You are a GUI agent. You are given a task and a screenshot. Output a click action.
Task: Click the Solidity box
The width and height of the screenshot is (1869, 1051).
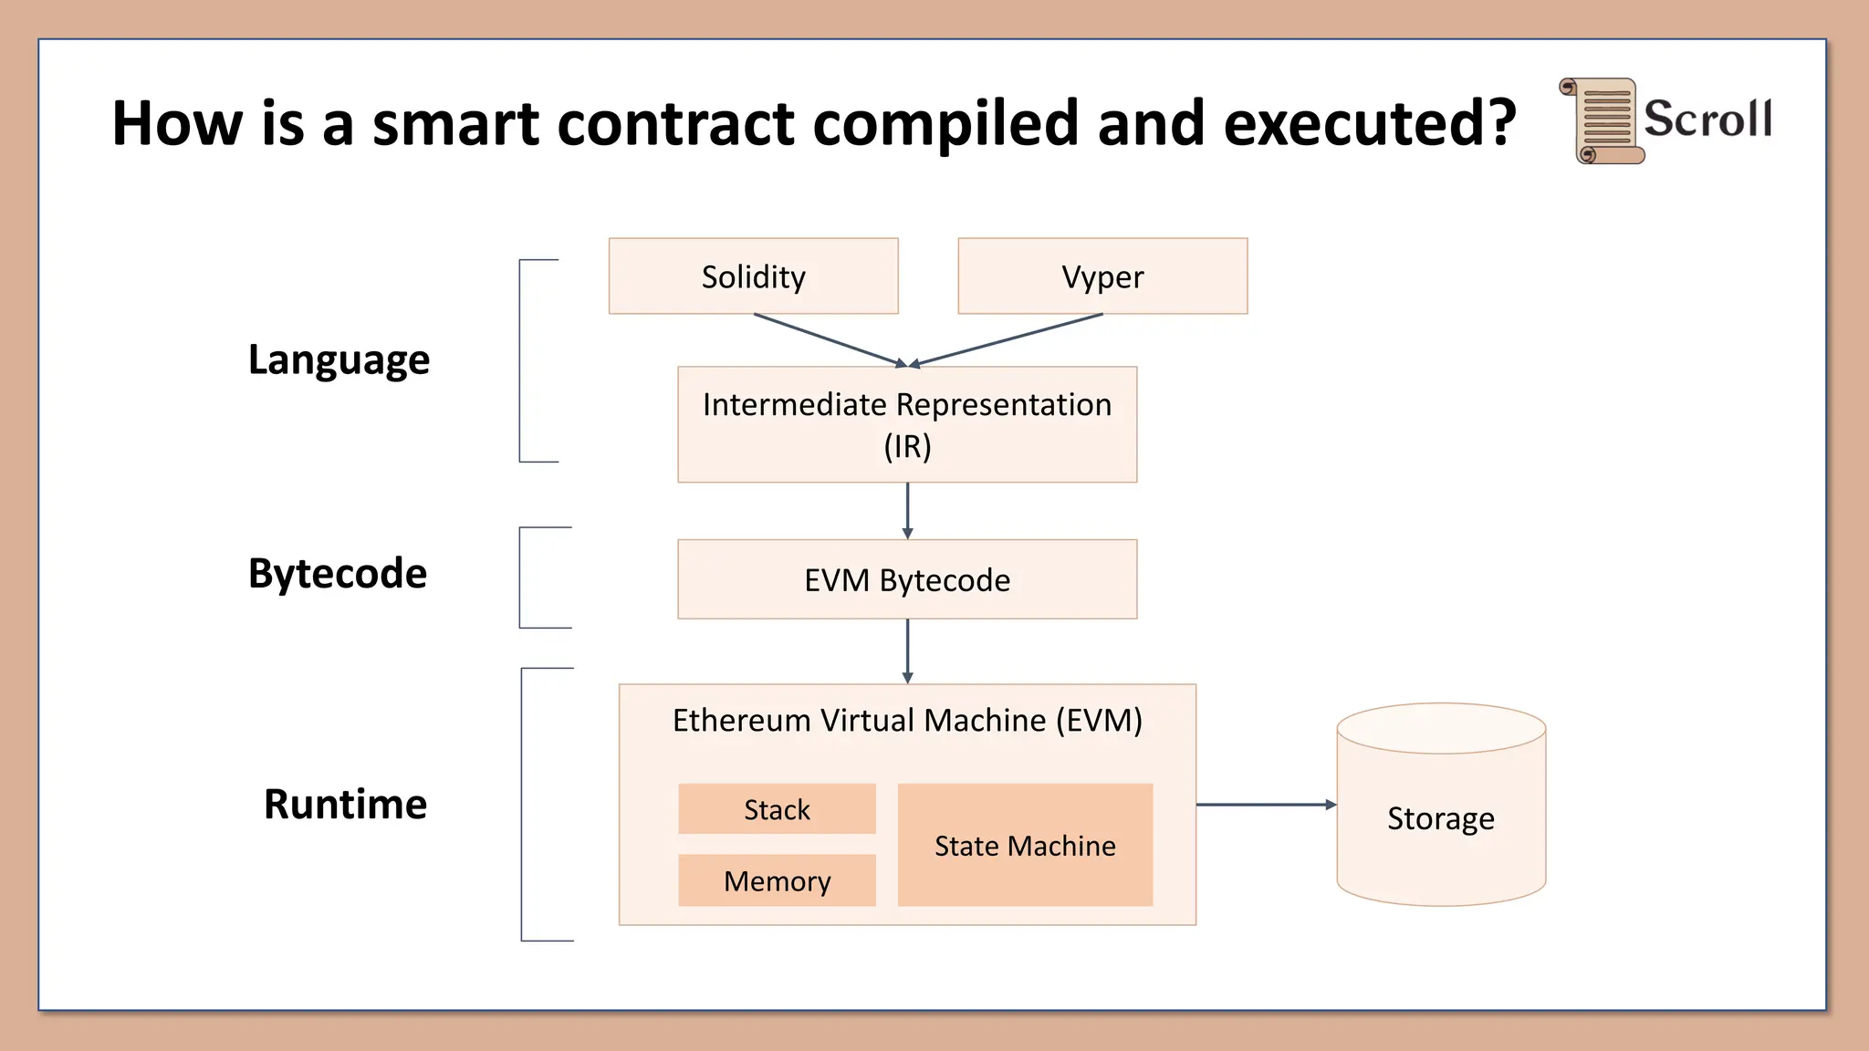[x=753, y=276]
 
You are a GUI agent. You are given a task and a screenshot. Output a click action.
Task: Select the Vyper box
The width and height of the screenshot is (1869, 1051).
[x=1102, y=276]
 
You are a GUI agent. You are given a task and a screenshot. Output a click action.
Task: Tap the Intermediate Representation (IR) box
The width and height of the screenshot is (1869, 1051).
[x=907, y=424]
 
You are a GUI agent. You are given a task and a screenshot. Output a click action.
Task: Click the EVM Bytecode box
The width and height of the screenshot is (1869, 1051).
[x=907, y=579]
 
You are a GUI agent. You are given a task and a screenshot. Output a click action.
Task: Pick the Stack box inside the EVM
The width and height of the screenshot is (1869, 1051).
[x=777, y=808]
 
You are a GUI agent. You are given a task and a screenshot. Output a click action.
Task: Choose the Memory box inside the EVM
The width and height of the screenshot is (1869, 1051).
[x=777, y=880]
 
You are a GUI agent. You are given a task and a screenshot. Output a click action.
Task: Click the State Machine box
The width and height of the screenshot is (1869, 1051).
[x=1025, y=845]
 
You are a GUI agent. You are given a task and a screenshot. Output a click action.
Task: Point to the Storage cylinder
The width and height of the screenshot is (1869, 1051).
[x=1441, y=818]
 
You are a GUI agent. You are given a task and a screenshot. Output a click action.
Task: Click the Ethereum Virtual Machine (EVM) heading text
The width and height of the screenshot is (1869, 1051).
[x=907, y=720]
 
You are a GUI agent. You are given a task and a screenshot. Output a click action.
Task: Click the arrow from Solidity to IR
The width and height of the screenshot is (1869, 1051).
[x=827, y=339]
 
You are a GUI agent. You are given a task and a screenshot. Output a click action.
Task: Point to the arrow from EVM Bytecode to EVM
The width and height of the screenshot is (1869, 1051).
[x=907, y=650]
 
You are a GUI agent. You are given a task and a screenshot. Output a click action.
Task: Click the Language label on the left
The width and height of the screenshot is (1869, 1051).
[x=339, y=359]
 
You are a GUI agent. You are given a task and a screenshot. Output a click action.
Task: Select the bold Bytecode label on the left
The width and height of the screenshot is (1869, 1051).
[x=338, y=574]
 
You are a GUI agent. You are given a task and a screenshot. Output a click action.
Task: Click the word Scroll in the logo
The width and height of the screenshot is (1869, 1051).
[x=1707, y=119]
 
